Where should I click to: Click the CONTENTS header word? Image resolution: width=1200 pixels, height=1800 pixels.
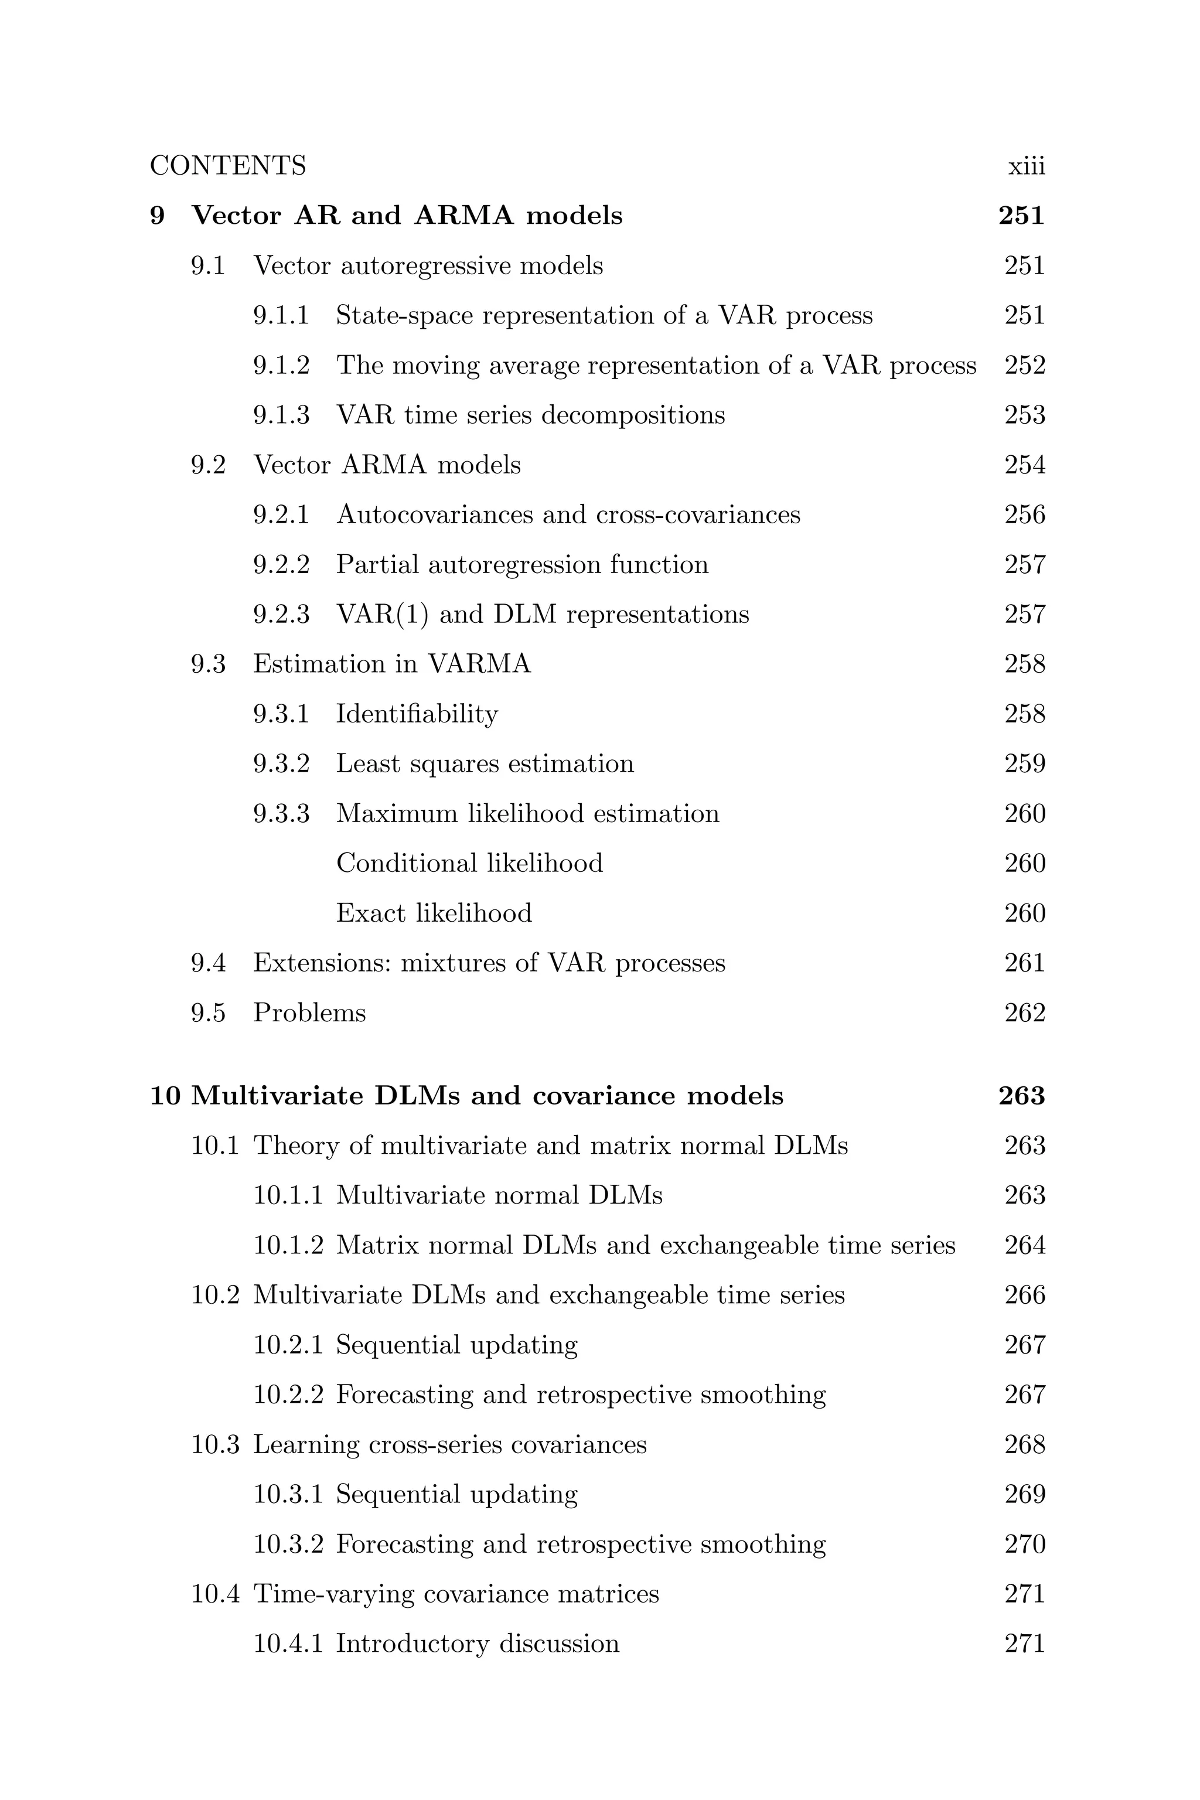(x=227, y=166)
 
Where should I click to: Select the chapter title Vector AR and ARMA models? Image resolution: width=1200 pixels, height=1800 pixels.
(x=407, y=216)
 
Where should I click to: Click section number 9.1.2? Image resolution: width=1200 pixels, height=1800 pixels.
(x=282, y=365)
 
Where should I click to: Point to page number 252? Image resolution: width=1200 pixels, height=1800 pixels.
(x=1025, y=365)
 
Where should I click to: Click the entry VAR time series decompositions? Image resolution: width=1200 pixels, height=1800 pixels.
(x=530, y=415)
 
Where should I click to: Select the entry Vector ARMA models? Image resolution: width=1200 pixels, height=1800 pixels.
(x=387, y=465)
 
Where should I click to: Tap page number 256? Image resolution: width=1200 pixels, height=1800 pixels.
(x=1025, y=514)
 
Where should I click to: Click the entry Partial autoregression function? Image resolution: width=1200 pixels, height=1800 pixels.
(x=522, y=565)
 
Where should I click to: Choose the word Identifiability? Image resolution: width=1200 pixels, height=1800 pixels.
(x=417, y=714)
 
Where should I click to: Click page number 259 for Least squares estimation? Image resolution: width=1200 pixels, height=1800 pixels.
(x=1025, y=764)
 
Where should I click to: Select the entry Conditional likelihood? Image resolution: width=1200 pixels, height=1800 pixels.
(x=469, y=863)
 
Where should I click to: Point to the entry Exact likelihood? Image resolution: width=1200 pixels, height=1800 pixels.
(x=434, y=913)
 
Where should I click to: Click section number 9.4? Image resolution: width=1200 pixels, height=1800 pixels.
(x=208, y=963)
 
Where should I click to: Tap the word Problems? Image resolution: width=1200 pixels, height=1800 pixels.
(x=309, y=1013)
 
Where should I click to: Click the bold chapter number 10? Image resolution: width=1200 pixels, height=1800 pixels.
(x=165, y=1096)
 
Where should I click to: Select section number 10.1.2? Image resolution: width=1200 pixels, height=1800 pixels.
(x=288, y=1245)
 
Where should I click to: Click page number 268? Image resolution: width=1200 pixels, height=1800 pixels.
(x=1025, y=1444)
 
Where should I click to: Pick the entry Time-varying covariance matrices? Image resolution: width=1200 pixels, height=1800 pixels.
(x=456, y=1593)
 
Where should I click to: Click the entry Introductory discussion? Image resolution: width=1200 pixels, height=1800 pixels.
(x=478, y=1643)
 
